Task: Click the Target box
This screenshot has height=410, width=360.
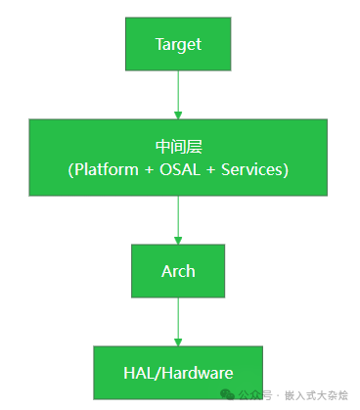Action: click(x=178, y=44)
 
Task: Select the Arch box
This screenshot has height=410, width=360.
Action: click(x=178, y=270)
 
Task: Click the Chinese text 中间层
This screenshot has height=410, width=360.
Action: click(x=178, y=147)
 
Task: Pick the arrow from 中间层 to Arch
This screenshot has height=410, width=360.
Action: click(x=178, y=217)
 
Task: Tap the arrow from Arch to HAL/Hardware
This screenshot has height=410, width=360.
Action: click(x=178, y=321)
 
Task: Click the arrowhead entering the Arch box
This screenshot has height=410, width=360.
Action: click(x=178, y=239)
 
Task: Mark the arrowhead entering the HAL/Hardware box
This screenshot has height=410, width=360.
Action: click(x=178, y=341)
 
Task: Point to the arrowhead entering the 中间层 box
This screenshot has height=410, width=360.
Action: click(x=178, y=114)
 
